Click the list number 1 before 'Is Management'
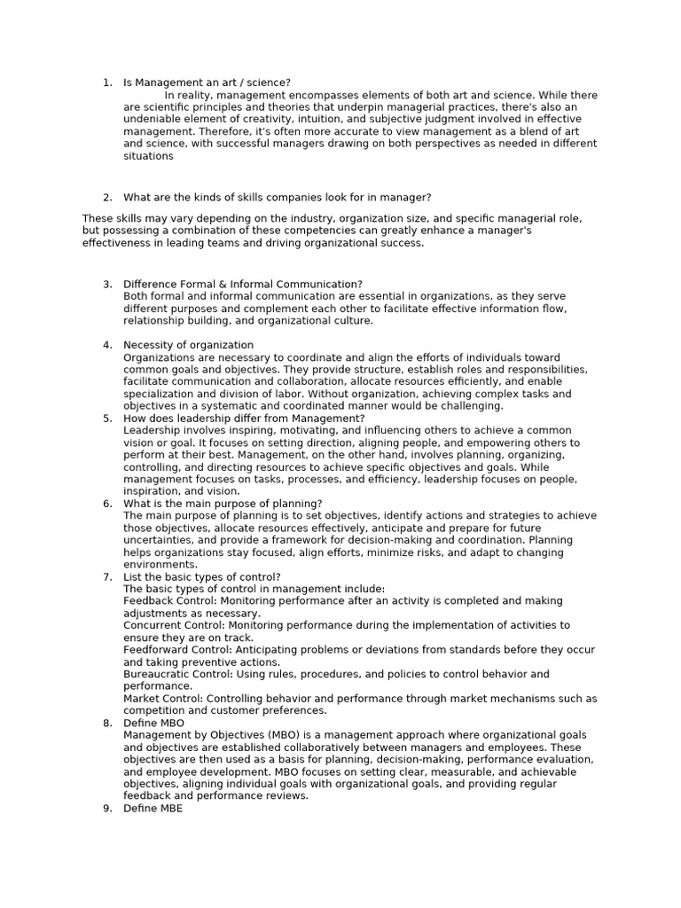(x=106, y=82)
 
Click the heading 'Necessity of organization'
(x=188, y=345)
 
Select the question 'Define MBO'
(x=154, y=723)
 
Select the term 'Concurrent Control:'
(x=173, y=625)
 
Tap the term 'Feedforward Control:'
(x=177, y=650)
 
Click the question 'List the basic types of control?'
(x=202, y=576)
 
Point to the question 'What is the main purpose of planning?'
(x=223, y=504)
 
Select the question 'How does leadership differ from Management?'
(x=244, y=419)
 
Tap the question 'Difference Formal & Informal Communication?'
(x=243, y=284)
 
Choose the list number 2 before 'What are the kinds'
(x=106, y=198)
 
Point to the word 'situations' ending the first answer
(x=148, y=156)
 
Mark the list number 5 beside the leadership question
(x=106, y=419)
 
